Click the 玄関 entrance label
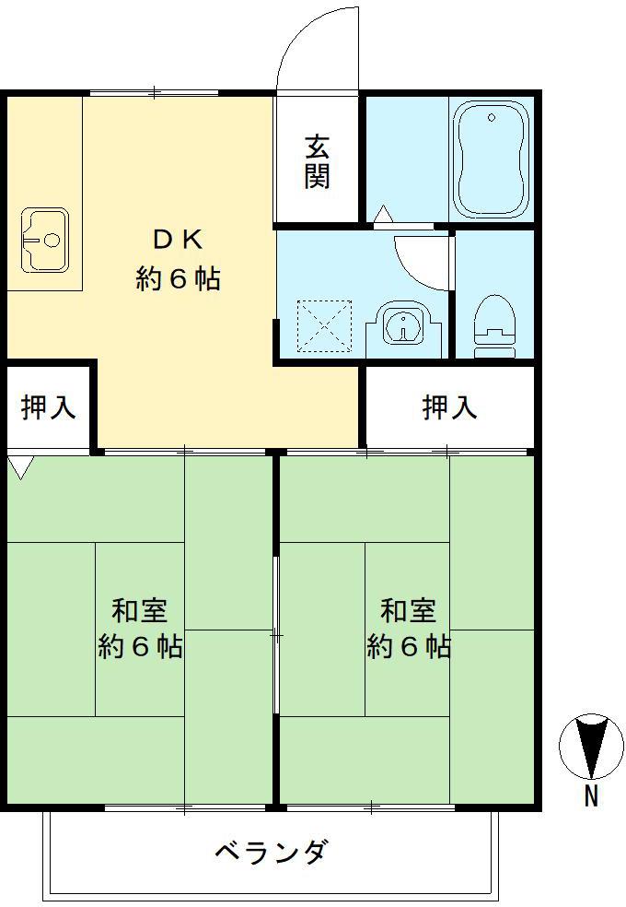click(318, 161)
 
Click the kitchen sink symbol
click(44, 241)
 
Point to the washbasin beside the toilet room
click(403, 327)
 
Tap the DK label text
click(177, 240)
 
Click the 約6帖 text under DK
click(179, 278)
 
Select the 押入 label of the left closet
click(48, 406)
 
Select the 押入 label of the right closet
click(450, 406)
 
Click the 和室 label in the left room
click(139, 610)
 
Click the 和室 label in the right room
click(409, 610)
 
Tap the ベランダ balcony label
click(271, 852)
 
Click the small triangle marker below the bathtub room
click(382, 216)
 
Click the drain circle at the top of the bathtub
click(492, 117)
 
